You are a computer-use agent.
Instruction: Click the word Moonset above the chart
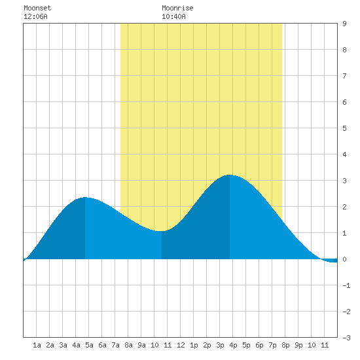[37, 8]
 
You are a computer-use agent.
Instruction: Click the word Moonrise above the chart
[177, 8]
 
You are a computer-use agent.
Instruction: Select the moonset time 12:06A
[35, 16]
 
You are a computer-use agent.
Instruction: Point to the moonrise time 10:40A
[173, 16]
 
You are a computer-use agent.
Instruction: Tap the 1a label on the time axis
[37, 345]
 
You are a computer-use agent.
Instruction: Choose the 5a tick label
[89, 345]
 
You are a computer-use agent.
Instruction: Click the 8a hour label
[128, 345]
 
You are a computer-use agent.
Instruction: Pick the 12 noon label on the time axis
[181, 345]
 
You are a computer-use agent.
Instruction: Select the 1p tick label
[194, 345]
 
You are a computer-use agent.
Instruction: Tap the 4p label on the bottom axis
[233, 345]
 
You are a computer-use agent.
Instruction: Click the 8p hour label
[285, 345]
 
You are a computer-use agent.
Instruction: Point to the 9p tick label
[298, 345]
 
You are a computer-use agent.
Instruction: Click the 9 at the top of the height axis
[344, 24]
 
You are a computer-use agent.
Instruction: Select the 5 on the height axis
[344, 128]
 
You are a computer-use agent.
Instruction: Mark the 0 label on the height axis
[344, 259]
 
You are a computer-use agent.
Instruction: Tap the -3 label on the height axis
[346, 338]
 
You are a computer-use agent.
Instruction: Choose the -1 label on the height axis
[346, 285]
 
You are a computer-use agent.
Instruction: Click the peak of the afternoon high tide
[230, 175]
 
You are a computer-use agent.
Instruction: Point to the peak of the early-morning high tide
[85, 197]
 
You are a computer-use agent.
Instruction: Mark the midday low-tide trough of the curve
[162, 231]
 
